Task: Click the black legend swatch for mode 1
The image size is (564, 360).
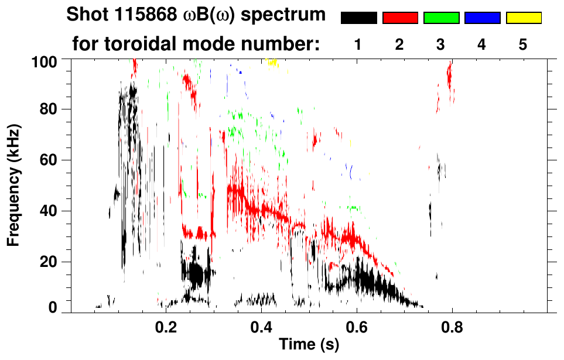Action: tap(359, 18)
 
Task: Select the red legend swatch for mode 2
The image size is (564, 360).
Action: tap(400, 18)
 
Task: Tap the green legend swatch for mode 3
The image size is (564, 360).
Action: tap(441, 18)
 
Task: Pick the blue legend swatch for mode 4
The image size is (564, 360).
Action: tap(482, 18)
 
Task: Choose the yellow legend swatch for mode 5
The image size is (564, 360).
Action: tap(524, 18)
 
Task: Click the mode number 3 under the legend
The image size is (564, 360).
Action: tap(441, 44)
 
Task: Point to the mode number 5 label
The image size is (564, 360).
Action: tap(523, 44)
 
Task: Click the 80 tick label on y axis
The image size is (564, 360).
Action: tap(48, 109)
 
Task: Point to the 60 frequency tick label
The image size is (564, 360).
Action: tap(48, 160)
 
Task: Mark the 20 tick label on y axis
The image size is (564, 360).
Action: tap(48, 262)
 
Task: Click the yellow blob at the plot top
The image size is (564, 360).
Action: tap(271, 62)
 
